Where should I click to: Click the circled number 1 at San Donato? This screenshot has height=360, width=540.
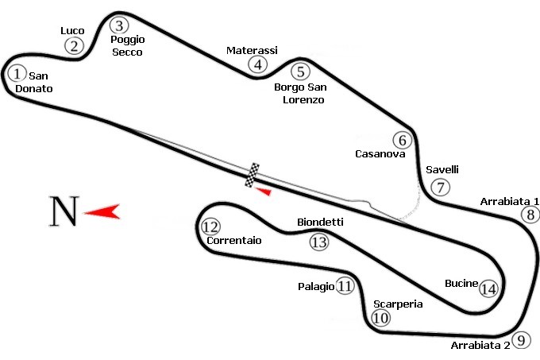click(x=17, y=73)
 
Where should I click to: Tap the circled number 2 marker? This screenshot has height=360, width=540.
click(x=74, y=45)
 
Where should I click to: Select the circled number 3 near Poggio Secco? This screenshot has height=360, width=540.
click(x=119, y=25)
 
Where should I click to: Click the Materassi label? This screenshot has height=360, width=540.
click(x=252, y=50)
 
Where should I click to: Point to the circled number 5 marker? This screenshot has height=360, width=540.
click(x=299, y=71)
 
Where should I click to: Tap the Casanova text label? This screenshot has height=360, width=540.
click(x=380, y=154)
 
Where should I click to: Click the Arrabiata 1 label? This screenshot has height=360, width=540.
click(x=510, y=201)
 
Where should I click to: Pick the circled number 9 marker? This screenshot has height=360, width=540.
click(x=520, y=340)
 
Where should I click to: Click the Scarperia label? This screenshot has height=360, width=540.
click(x=397, y=304)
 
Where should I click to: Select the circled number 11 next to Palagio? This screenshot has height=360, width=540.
click(x=345, y=286)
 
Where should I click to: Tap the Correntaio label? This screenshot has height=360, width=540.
click(x=233, y=240)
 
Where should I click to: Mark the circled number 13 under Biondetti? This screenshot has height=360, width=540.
click(x=318, y=242)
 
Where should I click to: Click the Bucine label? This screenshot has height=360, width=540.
click(x=461, y=283)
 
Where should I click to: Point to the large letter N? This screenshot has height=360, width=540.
click(x=64, y=211)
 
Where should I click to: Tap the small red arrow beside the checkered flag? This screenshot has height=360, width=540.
click(x=267, y=191)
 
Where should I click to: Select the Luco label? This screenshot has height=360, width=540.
click(x=72, y=31)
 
